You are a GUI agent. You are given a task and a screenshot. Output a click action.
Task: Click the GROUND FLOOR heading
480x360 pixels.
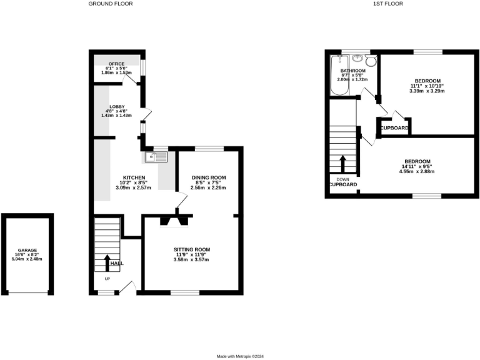(x=111, y=4)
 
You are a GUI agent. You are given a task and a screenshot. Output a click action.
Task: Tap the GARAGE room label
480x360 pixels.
(x=27, y=249)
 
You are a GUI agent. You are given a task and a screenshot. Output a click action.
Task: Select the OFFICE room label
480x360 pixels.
(x=116, y=64)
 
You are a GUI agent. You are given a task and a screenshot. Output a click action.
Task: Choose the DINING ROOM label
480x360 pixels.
(x=208, y=178)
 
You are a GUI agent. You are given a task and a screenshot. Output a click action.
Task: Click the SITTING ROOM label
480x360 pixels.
(x=191, y=250)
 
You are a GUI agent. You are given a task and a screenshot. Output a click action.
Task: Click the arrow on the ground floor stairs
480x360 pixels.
(x=106, y=261)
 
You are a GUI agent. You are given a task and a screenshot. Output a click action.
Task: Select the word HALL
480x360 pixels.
(x=117, y=263)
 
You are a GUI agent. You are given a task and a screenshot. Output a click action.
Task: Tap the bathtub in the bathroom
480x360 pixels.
(x=340, y=75)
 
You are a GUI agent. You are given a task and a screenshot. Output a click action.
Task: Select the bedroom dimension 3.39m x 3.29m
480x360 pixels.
(x=427, y=91)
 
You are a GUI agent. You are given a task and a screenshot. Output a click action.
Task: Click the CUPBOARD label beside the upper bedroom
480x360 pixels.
(x=394, y=128)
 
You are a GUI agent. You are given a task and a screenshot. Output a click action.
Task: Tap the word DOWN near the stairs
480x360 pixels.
(x=342, y=179)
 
